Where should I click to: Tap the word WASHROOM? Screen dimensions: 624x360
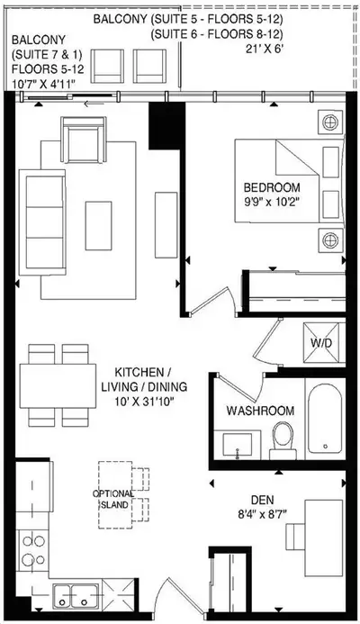260,411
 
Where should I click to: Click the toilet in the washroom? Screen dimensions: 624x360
284,440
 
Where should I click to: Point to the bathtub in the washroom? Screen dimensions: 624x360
323,417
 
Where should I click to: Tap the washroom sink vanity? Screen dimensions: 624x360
238,441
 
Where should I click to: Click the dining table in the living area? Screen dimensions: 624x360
58,384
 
